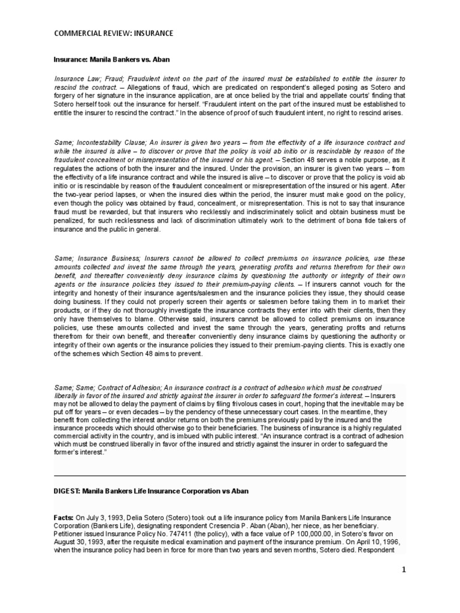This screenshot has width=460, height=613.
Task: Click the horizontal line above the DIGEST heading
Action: [230, 476]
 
